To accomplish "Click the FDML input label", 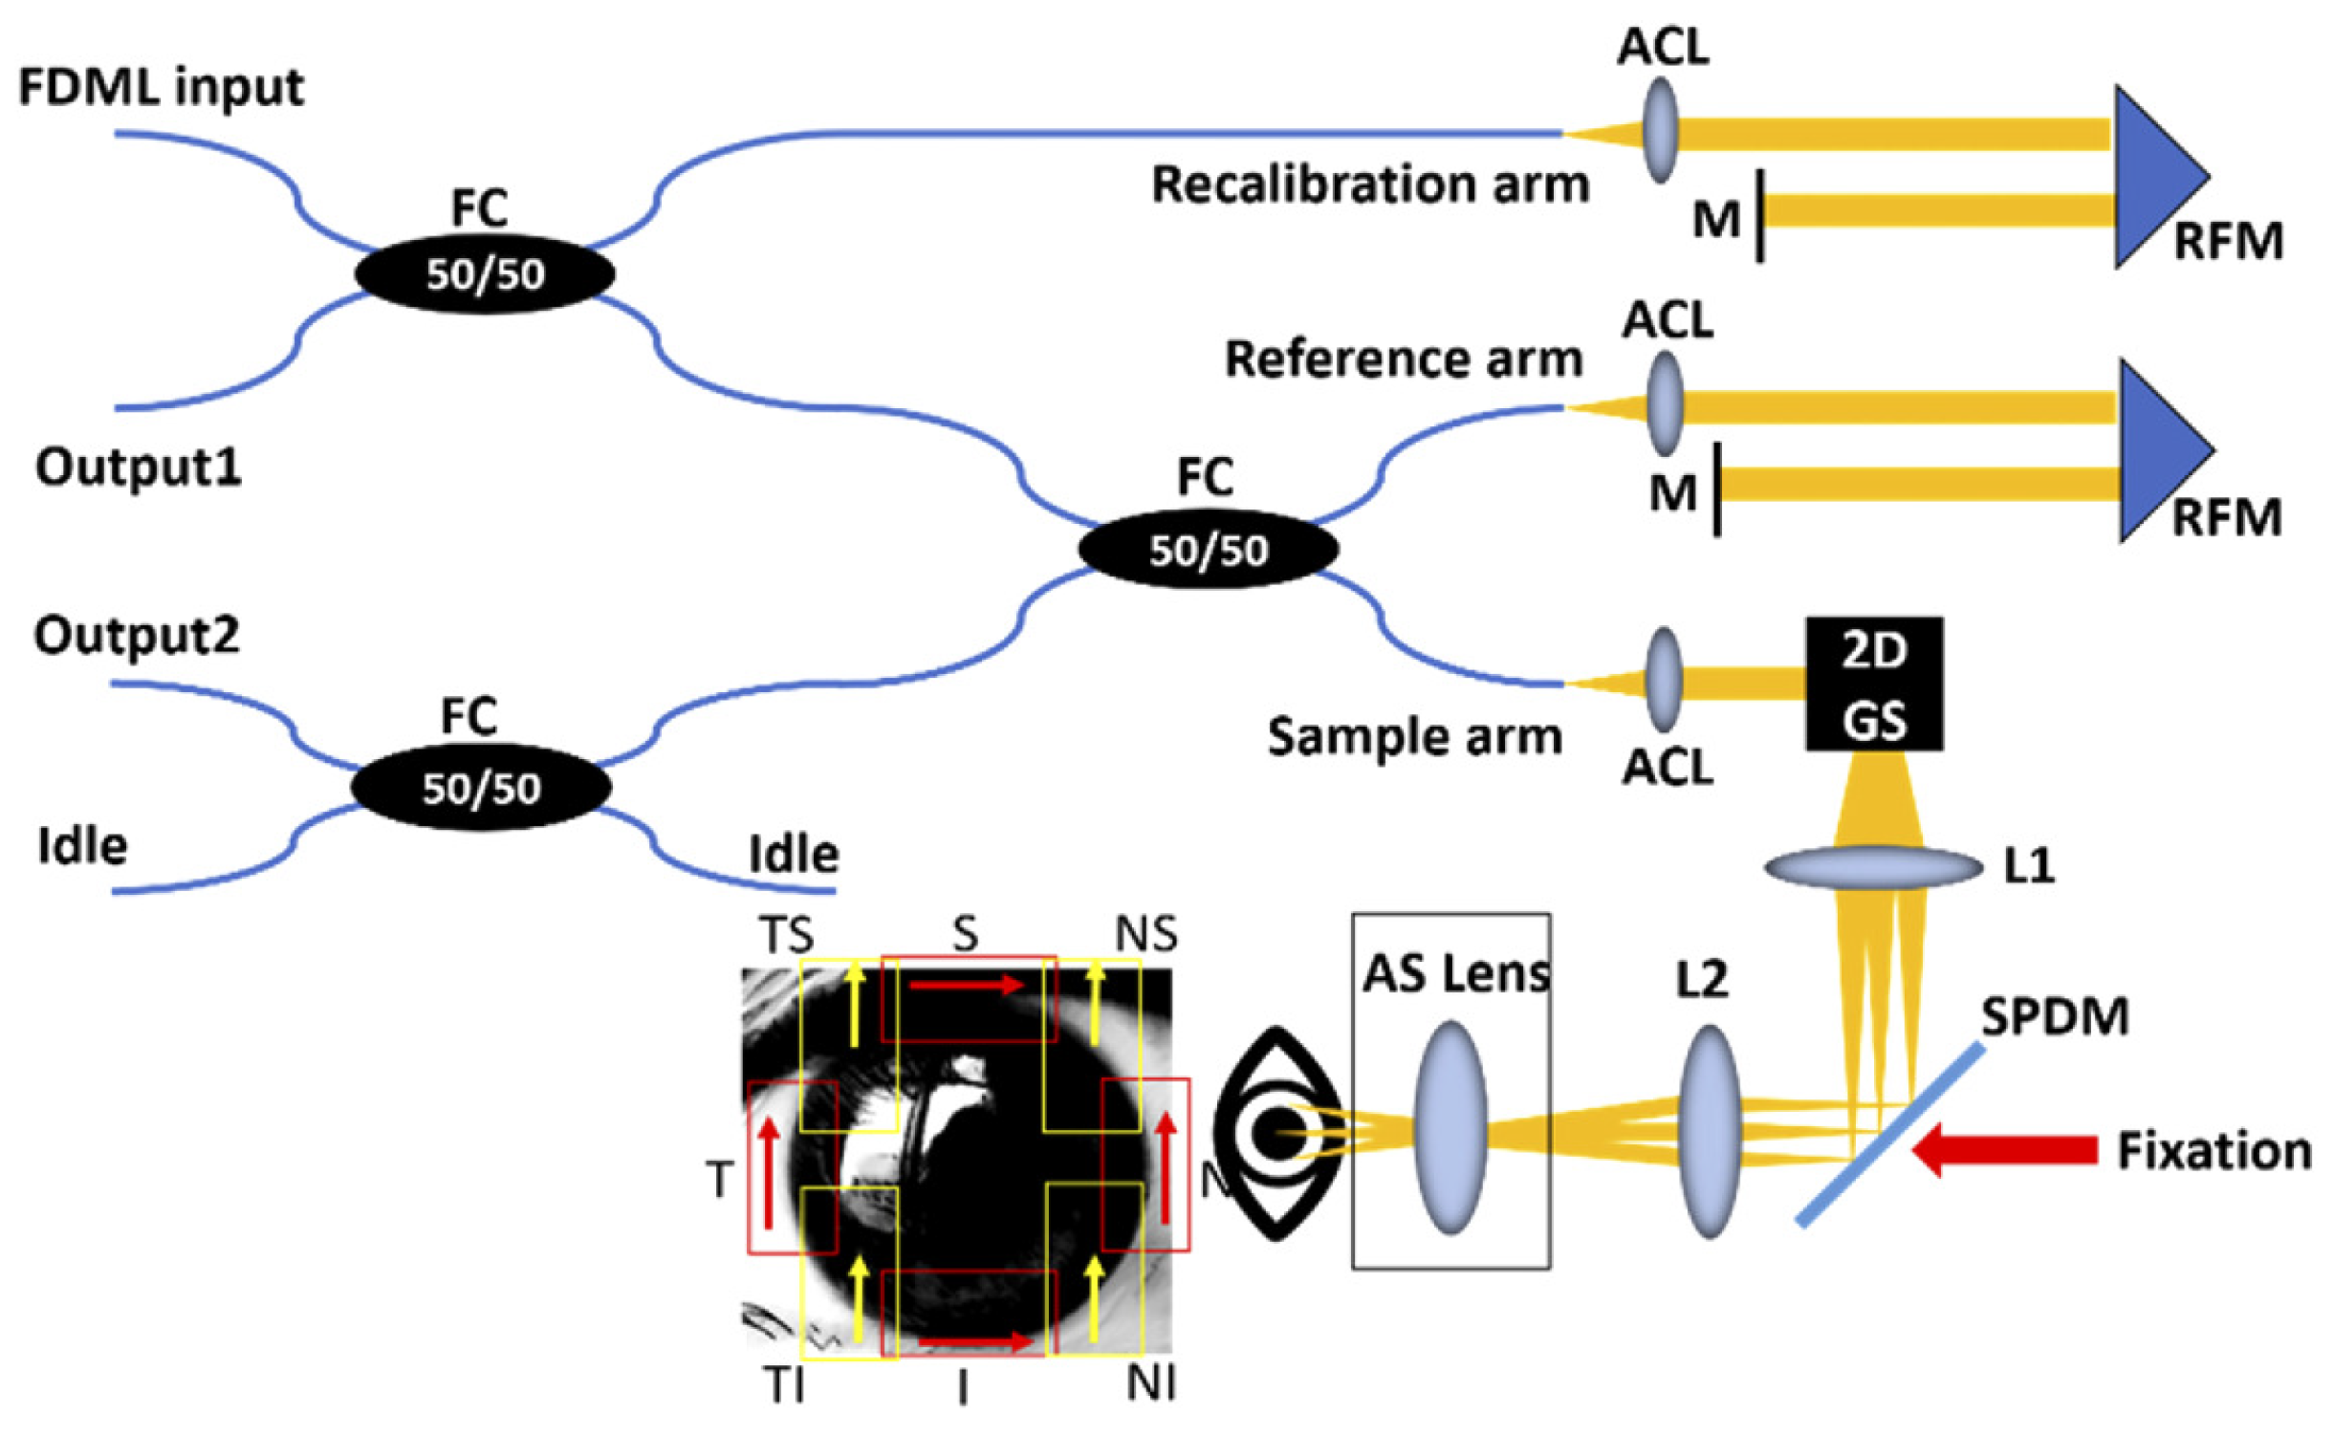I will [161, 88].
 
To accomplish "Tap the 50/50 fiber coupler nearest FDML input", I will [484, 274].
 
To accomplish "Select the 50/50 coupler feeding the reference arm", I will [1208, 550].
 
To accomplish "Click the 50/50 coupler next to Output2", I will [481, 788].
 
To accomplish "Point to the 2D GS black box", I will [1873, 684].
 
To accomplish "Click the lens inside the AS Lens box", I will [1450, 1128].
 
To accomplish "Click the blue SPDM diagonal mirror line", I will [1890, 1135].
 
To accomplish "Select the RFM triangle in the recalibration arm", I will [2156, 177].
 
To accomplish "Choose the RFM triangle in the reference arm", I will [2161, 449].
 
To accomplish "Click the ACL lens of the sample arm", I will [1665, 681].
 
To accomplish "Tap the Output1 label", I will [138, 468].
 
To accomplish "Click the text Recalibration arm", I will [1369, 185].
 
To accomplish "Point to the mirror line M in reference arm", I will [1717, 489].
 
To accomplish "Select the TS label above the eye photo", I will [786, 934].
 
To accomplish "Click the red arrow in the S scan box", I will [966, 985].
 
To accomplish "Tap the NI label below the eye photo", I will [1151, 1383].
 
